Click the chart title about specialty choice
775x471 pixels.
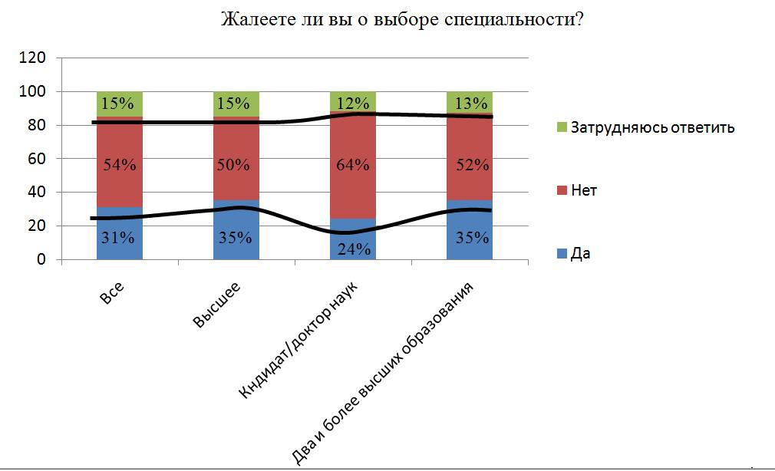pos(402,19)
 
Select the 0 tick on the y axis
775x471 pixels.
pos(43,260)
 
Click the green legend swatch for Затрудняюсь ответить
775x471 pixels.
pos(560,127)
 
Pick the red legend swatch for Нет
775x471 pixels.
pos(560,190)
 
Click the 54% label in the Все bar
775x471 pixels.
pos(120,164)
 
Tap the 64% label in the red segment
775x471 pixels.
pos(353,164)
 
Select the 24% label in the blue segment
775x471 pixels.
pos(353,249)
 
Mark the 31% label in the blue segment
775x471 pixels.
pos(120,238)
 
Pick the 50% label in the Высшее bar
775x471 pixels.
pos(236,164)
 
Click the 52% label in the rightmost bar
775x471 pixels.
pos(470,164)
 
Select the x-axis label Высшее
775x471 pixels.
pos(218,305)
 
